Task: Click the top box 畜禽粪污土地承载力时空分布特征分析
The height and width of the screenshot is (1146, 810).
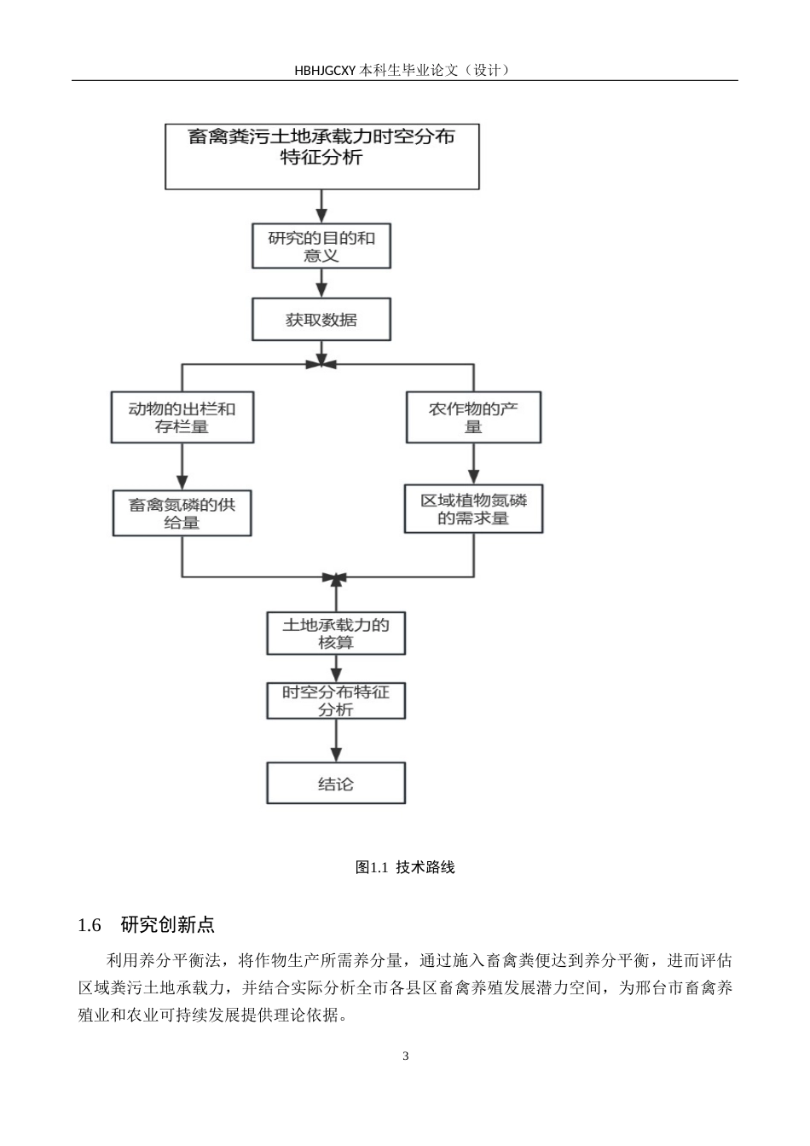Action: click(x=321, y=156)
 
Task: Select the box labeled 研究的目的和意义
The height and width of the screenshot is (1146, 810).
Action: click(x=321, y=246)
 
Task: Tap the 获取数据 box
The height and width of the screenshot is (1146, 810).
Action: click(x=321, y=320)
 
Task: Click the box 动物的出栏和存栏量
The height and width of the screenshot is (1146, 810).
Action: click(x=182, y=417)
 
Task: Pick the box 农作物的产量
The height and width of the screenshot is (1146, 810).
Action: click(x=473, y=417)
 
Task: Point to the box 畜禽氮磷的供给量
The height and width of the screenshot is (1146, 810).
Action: click(x=182, y=513)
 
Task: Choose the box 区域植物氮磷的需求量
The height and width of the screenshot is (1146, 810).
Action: click(x=473, y=509)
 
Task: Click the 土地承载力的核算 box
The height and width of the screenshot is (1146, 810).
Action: click(x=336, y=634)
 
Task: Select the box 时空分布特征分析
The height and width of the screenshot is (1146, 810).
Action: click(x=336, y=701)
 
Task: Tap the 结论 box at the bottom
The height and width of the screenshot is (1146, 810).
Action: click(x=336, y=784)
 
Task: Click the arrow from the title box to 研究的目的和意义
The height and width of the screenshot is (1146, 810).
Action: click(x=321, y=206)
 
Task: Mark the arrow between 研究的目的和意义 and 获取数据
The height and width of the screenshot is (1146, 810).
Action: click(x=321, y=283)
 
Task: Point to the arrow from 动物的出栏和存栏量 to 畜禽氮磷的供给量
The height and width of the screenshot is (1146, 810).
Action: click(x=182, y=466)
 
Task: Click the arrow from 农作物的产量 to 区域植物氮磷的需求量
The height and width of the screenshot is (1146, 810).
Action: click(x=473, y=464)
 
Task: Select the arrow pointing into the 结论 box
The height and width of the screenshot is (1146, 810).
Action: click(x=336, y=741)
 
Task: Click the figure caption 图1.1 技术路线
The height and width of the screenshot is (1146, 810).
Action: click(x=405, y=867)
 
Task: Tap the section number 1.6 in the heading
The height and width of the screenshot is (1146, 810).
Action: click(x=90, y=925)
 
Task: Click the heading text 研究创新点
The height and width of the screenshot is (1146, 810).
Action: click(x=167, y=925)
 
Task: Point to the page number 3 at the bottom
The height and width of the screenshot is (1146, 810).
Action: click(x=405, y=1056)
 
